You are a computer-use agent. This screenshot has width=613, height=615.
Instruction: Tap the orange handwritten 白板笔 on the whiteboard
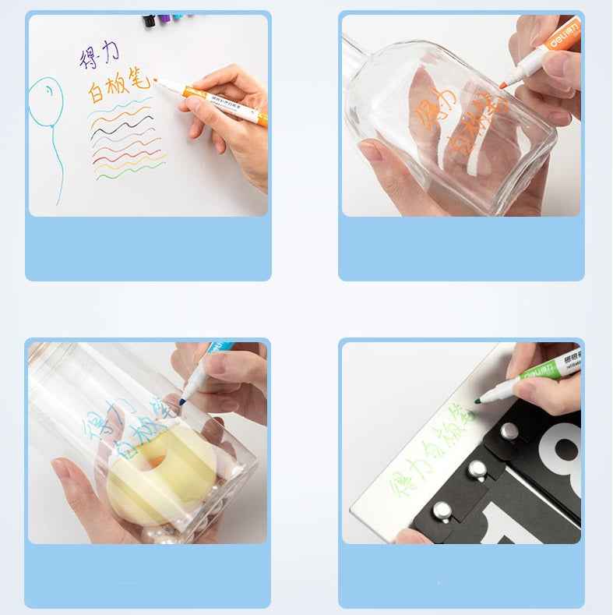pyautogui.click(x=118, y=88)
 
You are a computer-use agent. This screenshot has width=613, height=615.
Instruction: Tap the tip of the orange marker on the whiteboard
pyautogui.click(x=156, y=80)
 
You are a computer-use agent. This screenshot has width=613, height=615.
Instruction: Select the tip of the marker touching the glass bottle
pyautogui.click(x=503, y=83)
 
